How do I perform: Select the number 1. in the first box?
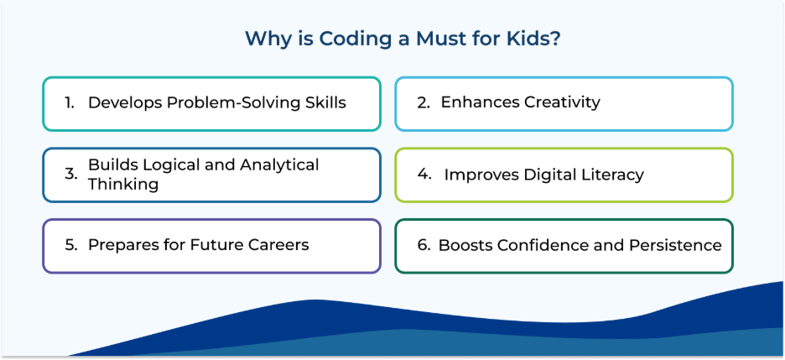(x=69, y=102)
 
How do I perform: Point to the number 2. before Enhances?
(x=424, y=102)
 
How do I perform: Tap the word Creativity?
(x=562, y=102)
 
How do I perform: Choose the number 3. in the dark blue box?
(x=71, y=175)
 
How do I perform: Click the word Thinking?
(x=123, y=185)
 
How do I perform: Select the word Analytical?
(x=279, y=164)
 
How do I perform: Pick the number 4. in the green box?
(x=424, y=175)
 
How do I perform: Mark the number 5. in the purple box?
(x=71, y=245)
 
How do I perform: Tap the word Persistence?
(x=675, y=245)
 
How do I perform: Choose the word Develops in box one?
(x=125, y=103)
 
